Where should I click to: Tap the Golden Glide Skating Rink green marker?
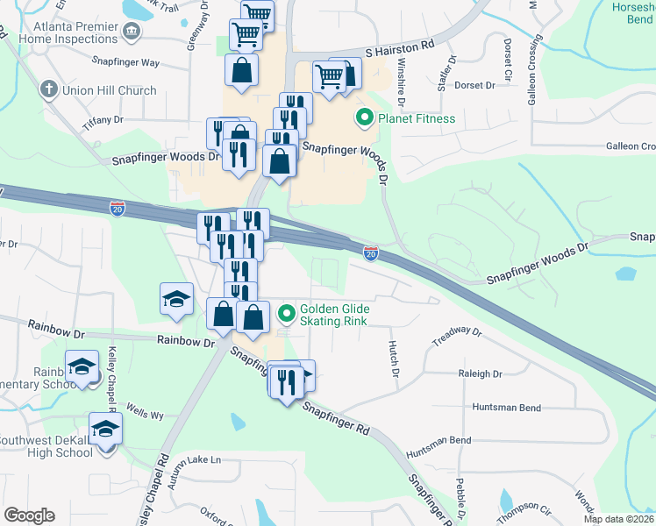287,312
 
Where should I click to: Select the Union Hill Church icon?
48,89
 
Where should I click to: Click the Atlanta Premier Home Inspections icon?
132,32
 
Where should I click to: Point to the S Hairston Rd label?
400,44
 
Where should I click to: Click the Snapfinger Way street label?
125,62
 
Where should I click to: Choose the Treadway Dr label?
459,333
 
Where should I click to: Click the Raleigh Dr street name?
480,373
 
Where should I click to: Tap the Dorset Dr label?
476,85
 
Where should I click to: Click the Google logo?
28,515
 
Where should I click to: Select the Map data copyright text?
619,519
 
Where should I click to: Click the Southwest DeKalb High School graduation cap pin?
105,430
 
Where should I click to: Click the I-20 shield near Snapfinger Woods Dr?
371,252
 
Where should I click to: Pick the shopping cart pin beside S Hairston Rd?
330,75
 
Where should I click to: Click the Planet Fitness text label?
417,118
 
